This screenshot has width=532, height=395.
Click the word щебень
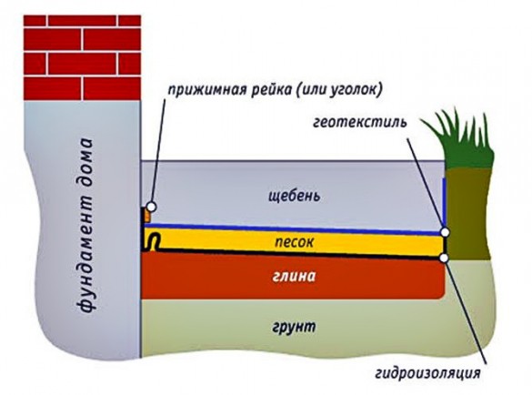[294, 197]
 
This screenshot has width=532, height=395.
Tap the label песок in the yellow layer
[294, 242]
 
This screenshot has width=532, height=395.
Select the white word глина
[294, 276]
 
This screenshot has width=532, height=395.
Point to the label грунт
[294, 327]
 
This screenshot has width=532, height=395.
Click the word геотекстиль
[359, 122]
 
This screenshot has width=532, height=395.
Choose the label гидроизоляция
[427, 373]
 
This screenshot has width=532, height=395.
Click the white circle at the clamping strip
[151, 207]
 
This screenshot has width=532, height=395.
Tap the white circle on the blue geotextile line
[445, 232]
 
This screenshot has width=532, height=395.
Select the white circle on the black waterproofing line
[445, 258]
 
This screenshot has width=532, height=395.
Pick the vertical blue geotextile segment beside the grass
[444, 203]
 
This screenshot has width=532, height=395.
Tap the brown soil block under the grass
[467, 214]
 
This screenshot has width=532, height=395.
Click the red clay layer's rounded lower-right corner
[441, 295]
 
